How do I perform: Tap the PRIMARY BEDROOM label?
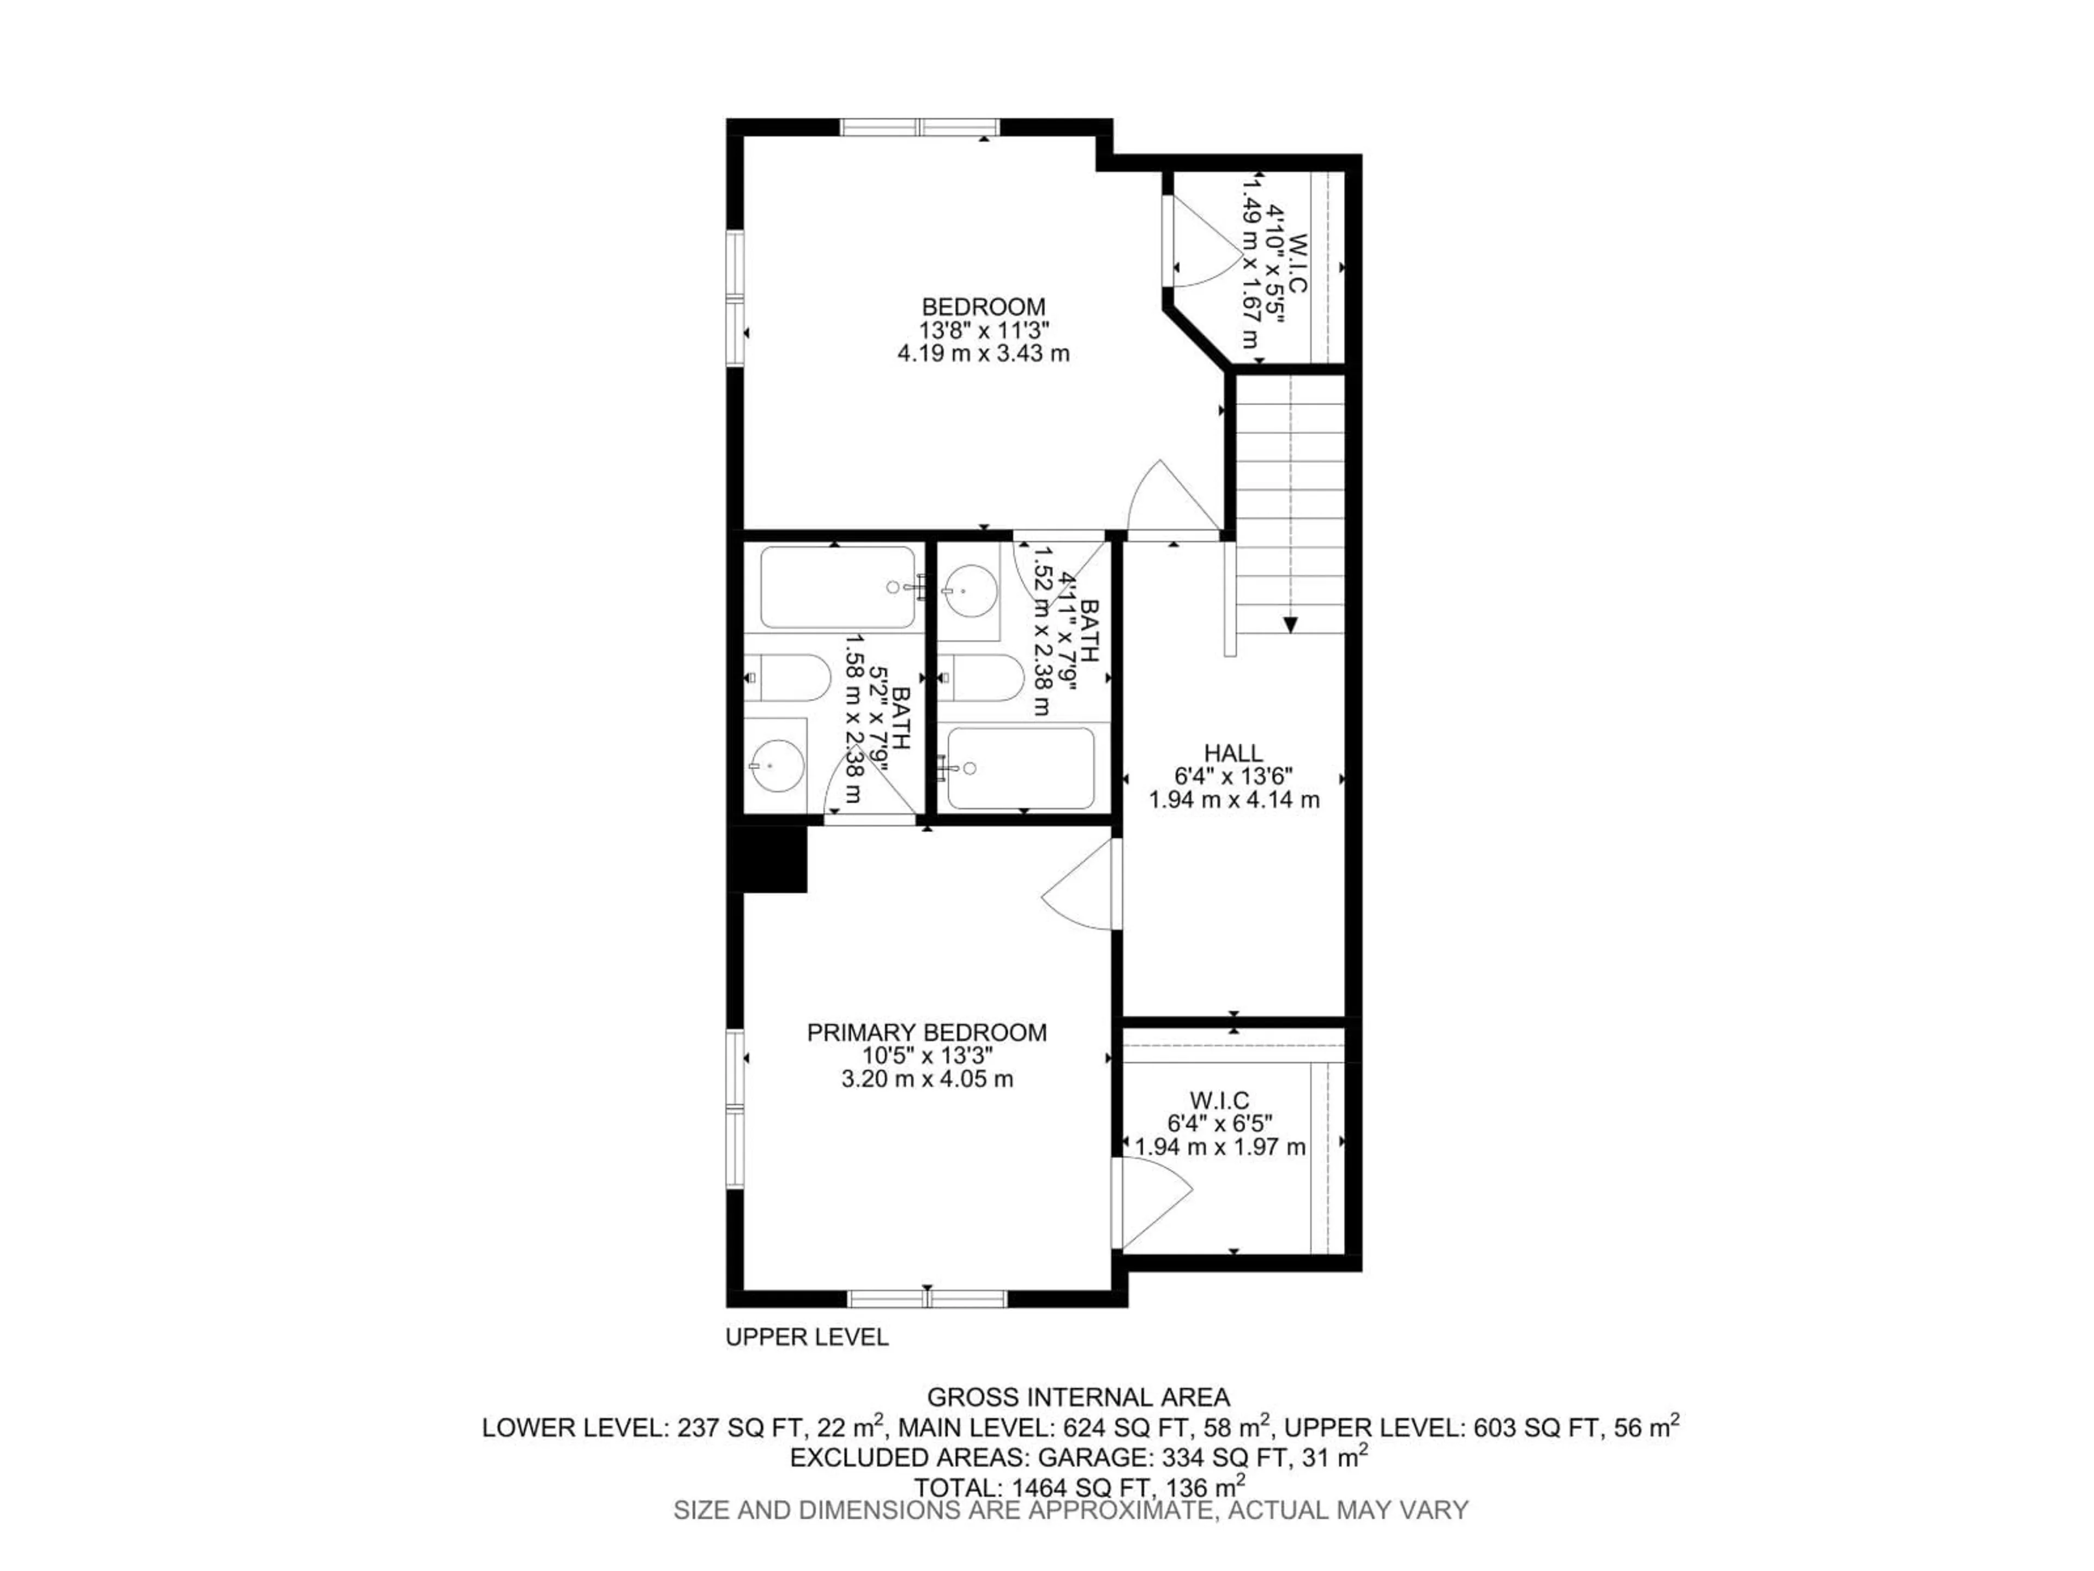pyautogui.click(x=927, y=1032)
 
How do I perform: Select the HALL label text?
pyautogui.click(x=1233, y=753)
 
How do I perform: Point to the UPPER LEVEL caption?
pyautogui.click(x=807, y=1337)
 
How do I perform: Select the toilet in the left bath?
pyautogui.click(x=787, y=677)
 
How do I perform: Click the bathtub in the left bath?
pyautogui.click(x=838, y=587)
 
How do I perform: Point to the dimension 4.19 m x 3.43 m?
pyautogui.click(x=984, y=354)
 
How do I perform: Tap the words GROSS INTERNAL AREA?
pyautogui.click(x=1078, y=1397)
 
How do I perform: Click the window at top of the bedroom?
pyautogui.click(x=920, y=127)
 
